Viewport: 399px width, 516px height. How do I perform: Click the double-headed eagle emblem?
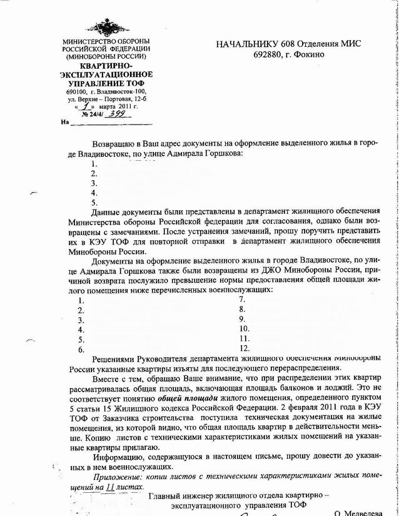[x=106, y=28]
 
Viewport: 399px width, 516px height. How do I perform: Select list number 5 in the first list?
[x=94, y=202]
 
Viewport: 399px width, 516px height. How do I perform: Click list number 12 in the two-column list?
[x=245, y=348]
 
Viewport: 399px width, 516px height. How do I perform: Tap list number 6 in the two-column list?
[x=81, y=348]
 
